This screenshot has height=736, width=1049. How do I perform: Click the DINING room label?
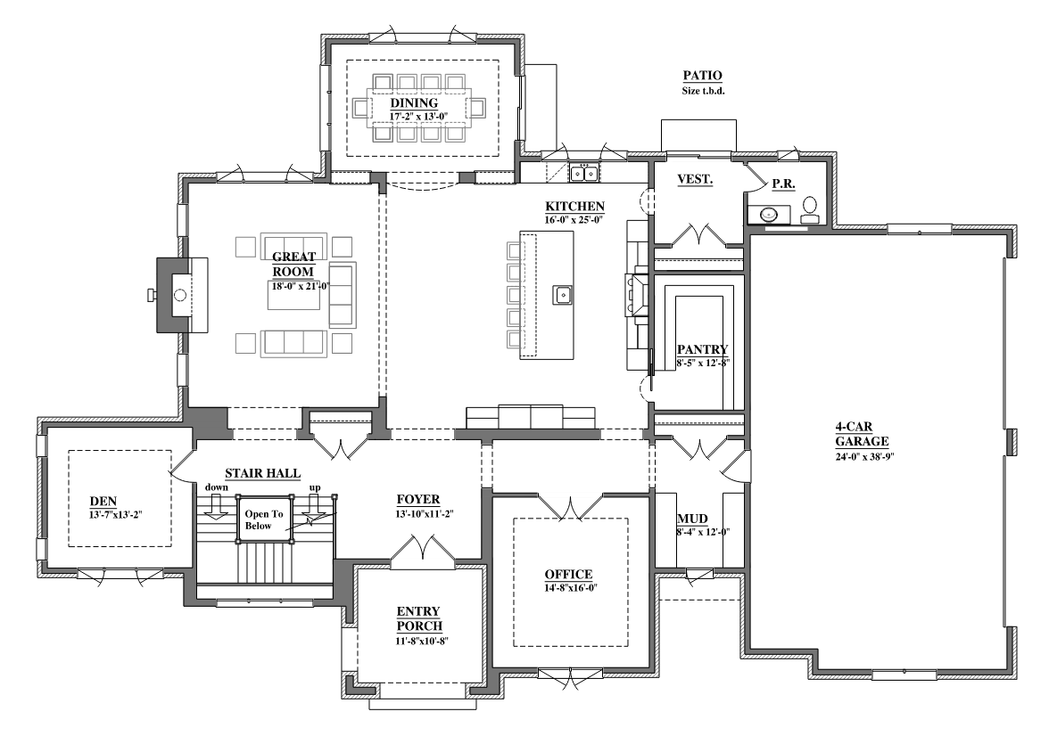(414, 103)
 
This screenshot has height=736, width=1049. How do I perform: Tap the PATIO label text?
(703, 76)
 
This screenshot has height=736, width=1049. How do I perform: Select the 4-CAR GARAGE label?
(862, 434)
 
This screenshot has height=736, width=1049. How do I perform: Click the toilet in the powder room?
(810, 210)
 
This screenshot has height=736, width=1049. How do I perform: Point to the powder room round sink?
(769, 215)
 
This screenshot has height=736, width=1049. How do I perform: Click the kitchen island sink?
(563, 294)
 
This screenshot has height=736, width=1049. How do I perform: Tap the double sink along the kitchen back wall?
(584, 173)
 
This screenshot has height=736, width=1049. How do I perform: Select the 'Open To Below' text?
(264, 519)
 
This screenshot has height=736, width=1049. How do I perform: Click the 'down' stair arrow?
(216, 509)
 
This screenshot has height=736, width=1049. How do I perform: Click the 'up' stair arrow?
(314, 509)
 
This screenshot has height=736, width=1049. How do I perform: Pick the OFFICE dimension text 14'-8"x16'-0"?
(570, 588)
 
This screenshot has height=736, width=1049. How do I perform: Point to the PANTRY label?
(702, 349)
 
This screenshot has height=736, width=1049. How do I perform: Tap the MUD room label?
(692, 519)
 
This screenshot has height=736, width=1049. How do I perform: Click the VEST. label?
(694, 179)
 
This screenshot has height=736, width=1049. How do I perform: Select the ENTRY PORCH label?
(419, 618)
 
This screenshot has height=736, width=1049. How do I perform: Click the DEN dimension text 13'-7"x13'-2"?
(116, 515)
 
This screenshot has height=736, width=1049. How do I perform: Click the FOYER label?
(418, 499)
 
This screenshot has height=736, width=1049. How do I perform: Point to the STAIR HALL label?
(262, 473)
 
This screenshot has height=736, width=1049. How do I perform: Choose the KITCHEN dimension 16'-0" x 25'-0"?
(574, 219)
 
